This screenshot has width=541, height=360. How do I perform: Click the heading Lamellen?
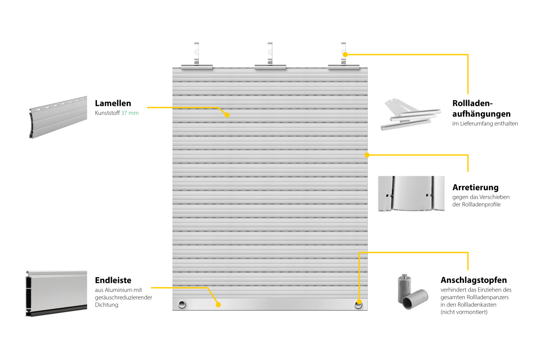113,103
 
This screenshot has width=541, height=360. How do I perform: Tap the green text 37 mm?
130,113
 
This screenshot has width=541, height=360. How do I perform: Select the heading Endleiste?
113,280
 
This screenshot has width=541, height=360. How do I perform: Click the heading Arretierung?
475,187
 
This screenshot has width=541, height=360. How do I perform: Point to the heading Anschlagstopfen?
474,280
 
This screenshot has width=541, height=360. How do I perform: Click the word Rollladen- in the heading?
472,103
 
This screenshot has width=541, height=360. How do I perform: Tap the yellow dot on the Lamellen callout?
227,115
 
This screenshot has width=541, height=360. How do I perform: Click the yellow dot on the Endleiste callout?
218,305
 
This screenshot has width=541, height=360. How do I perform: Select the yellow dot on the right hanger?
345,55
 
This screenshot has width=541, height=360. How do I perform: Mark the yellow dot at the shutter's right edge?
367,155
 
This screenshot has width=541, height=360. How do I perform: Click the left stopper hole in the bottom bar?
182,305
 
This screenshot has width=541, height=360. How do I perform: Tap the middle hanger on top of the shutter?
270,56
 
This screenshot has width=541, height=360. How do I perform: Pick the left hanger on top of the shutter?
197,56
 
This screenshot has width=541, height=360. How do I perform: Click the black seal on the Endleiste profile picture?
57,311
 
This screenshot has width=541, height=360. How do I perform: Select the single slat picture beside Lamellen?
58,117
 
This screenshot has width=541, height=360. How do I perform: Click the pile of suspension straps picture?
411,114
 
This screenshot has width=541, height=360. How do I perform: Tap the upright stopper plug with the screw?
404,288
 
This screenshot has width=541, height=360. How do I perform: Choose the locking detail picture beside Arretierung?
411,193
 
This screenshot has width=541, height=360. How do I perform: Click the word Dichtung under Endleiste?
106,305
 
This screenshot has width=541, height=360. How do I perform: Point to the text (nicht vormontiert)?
464,312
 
